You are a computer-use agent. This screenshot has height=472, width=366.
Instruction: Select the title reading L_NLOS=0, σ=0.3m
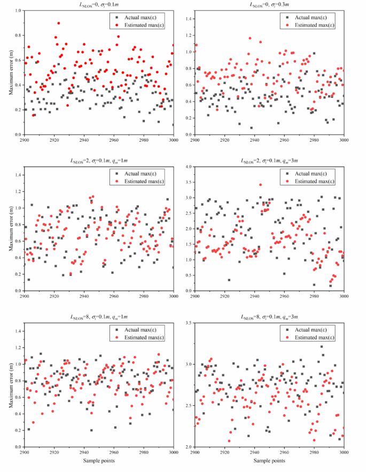point(268,5)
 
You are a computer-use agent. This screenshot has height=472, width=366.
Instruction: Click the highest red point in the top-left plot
point(59,23)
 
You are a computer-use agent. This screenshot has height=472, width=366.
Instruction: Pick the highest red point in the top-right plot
point(250,38)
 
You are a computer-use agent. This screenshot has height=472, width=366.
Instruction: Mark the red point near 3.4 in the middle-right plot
point(260,185)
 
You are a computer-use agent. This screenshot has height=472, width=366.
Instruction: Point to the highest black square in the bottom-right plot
point(322,347)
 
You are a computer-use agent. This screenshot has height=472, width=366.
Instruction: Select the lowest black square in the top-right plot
point(251,128)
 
